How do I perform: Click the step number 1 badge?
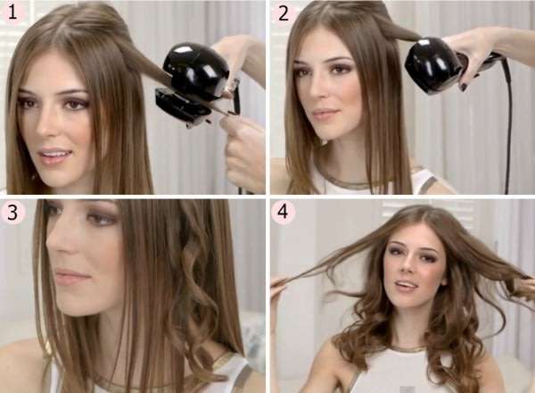point(15,13)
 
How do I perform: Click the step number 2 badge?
point(284,13)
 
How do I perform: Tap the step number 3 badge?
point(14,213)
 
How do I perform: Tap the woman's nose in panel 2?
point(325,94)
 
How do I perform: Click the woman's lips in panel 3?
point(71,276)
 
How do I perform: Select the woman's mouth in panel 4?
point(406,286)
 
